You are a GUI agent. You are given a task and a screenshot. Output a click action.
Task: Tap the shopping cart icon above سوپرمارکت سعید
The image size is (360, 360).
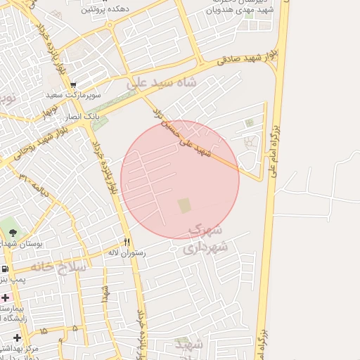(73, 84)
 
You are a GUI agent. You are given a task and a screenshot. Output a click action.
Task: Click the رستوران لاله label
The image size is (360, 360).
(127, 252)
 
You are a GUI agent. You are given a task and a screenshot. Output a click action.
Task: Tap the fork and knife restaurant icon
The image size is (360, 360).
(127, 240)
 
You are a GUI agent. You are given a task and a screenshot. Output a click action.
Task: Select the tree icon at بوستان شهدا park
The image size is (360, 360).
(12, 232)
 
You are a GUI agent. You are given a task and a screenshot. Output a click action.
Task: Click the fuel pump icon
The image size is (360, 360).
(6, 269)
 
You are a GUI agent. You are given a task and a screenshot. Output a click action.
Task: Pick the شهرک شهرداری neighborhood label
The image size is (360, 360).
(205, 240)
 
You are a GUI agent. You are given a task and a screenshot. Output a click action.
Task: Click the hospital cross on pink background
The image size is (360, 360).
(6, 297)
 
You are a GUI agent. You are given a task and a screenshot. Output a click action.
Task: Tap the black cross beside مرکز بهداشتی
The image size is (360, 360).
(17, 337)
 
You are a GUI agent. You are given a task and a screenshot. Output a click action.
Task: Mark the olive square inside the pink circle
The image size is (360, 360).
(184, 205)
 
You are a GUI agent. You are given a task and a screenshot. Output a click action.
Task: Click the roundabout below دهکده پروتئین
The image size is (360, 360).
(110, 25)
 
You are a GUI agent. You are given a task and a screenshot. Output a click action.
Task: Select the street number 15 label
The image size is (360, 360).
(44, 330)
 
